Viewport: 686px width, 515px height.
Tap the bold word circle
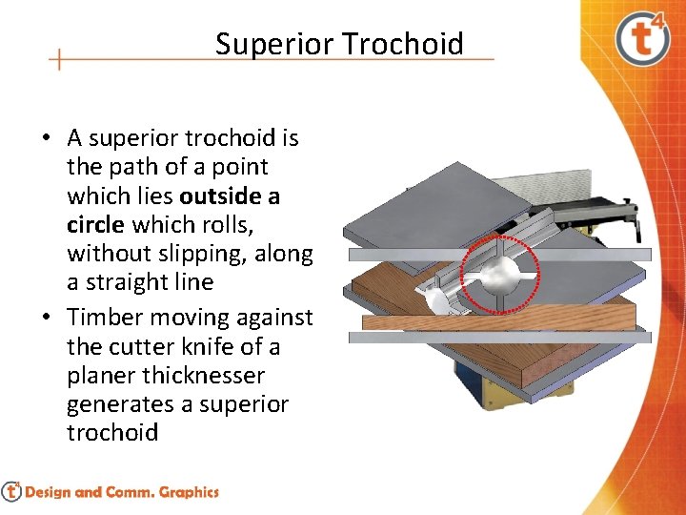coord(95,224)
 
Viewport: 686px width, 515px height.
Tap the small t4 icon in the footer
coord(11,491)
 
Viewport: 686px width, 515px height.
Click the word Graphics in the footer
coord(189,492)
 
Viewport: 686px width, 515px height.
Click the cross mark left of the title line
coord(59,59)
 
